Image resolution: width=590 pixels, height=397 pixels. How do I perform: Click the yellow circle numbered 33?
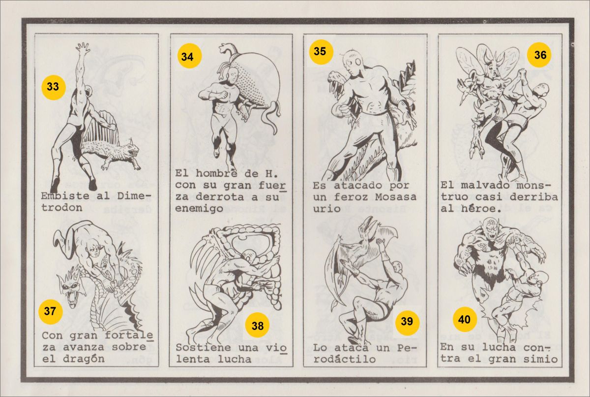click(53, 87)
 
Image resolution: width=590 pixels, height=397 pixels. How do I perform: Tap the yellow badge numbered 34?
click(189, 57)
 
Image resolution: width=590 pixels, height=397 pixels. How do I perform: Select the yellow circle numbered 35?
click(321, 52)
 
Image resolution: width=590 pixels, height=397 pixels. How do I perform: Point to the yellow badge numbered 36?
click(539, 55)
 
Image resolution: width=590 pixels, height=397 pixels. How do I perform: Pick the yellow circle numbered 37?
click(50, 311)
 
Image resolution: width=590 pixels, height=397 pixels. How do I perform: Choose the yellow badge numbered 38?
click(257, 326)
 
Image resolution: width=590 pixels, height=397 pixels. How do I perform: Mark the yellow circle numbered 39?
click(407, 322)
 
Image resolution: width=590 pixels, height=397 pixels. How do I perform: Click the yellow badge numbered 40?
click(465, 320)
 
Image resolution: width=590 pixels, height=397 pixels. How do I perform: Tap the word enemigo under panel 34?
click(199, 209)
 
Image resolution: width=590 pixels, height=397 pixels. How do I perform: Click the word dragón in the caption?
click(84, 359)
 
